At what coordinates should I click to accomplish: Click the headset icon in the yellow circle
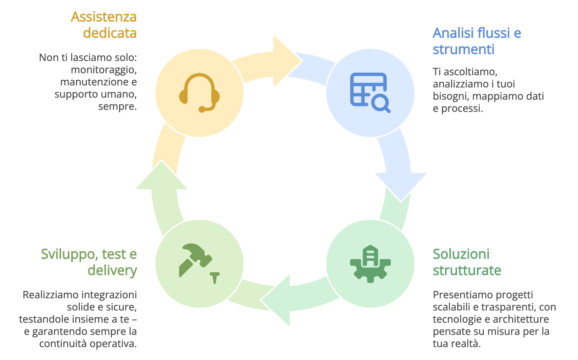tap(199, 93)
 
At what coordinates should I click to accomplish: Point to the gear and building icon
tap(370, 264)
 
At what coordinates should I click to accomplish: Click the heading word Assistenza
tap(104, 17)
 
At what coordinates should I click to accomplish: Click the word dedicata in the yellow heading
tap(110, 33)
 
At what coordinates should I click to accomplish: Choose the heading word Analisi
tap(453, 33)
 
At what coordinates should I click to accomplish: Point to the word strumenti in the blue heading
tap(463, 49)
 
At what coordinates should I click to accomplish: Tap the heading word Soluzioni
tap(461, 254)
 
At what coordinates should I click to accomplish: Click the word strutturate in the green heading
tap(467, 271)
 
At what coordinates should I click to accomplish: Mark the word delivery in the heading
tap(112, 271)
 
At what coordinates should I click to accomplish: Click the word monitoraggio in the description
tap(103, 70)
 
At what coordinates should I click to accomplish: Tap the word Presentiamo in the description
tap(461, 295)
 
